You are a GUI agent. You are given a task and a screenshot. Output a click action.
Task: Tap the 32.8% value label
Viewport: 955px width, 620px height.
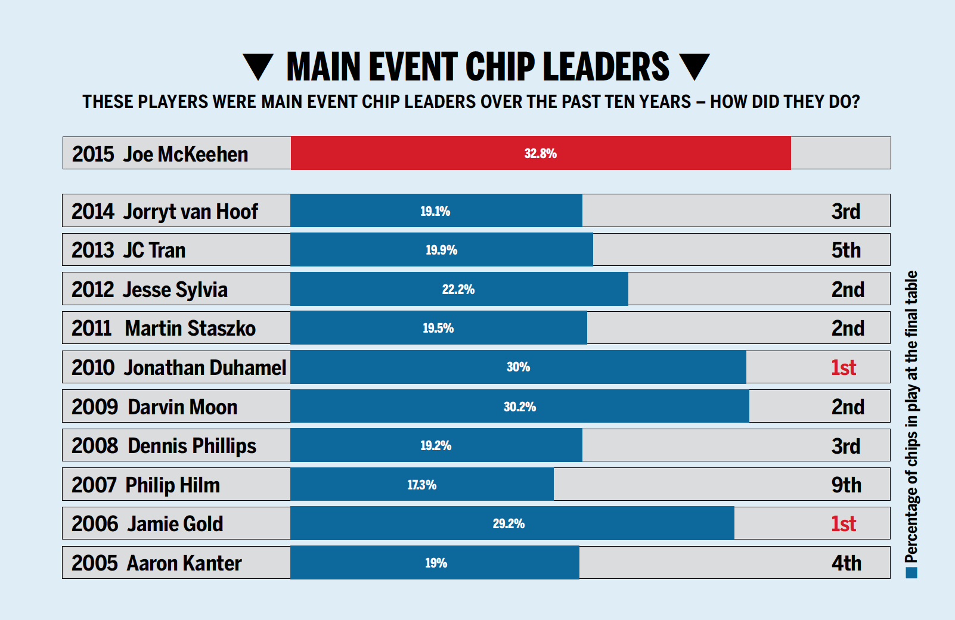(540, 154)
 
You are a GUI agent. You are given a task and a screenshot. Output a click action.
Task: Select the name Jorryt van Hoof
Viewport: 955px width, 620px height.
(190, 212)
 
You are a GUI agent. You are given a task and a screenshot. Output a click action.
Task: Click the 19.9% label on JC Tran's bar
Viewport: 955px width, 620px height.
(441, 250)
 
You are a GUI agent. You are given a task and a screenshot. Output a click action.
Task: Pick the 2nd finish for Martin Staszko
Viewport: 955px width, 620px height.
(848, 328)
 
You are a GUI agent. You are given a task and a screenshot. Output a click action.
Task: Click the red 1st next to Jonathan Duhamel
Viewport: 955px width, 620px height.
(844, 368)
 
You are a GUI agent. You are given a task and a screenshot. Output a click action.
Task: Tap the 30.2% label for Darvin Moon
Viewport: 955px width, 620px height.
(519, 407)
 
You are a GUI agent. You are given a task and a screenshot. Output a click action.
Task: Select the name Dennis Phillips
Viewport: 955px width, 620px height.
(191, 447)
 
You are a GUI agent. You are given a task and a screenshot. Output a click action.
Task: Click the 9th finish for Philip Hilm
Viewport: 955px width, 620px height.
(847, 485)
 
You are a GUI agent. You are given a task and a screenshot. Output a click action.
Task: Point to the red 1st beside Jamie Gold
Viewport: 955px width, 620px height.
(844, 524)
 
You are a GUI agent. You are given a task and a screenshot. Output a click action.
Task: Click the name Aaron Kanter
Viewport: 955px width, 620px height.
(184, 563)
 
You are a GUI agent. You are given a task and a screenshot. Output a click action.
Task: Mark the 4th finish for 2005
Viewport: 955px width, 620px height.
(847, 563)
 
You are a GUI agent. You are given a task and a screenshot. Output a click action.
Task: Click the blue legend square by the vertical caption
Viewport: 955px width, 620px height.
(911, 573)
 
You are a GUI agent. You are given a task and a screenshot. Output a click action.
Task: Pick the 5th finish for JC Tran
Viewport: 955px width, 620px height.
(846, 250)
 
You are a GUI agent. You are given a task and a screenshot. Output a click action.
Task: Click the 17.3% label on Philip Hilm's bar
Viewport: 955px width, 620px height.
(421, 485)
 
